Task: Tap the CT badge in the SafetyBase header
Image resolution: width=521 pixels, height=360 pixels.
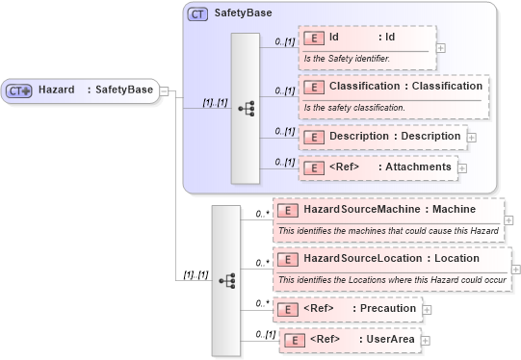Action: (197, 14)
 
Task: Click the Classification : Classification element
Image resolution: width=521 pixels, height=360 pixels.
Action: (391, 86)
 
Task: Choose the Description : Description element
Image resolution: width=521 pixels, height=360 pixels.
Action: (381, 136)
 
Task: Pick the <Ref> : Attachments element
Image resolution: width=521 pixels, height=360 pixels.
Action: (377, 167)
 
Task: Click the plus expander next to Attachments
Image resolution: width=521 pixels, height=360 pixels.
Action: (462, 168)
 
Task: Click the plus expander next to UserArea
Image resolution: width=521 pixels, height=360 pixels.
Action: (425, 341)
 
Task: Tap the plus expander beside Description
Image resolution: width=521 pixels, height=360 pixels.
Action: (472, 137)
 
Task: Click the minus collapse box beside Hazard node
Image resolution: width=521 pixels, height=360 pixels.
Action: (164, 90)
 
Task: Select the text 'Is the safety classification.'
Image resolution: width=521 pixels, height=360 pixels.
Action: (354, 107)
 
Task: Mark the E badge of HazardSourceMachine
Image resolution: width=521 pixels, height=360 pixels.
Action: (286, 208)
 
